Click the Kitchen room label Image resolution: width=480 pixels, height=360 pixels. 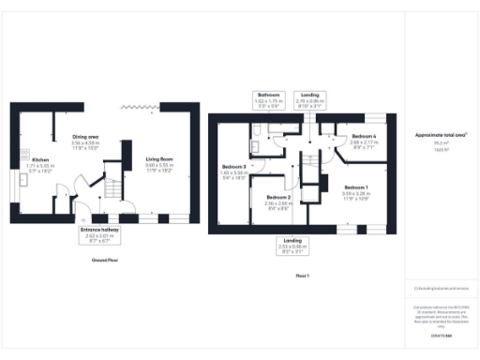(38, 160)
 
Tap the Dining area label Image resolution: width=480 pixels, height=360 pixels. (86, 138)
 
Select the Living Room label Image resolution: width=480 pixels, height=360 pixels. (160, 159)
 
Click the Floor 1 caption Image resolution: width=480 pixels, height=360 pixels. (302, 275)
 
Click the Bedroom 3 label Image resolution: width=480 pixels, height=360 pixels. (232, 166)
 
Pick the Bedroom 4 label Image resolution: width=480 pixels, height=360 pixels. (365, 137)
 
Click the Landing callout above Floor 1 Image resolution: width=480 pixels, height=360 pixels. (309, 99)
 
